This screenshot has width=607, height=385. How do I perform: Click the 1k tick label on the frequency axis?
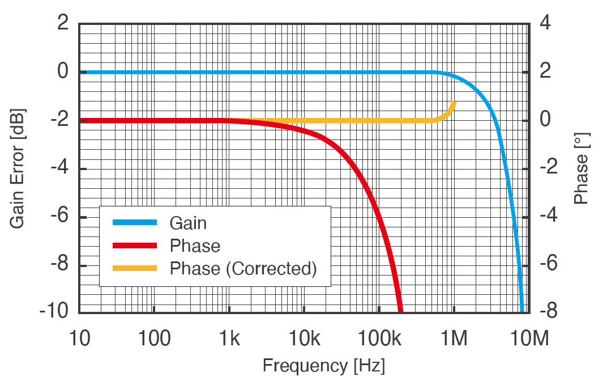tap(229, 339)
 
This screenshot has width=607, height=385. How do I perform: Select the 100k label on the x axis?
tap(379, 339)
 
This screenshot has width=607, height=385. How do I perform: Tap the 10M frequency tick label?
tap(529, 339)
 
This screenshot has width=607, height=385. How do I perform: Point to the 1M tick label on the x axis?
tap(454, 339)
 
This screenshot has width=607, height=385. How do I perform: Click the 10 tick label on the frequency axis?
tap(79, 339)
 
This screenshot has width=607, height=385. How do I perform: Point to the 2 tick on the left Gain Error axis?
tap(62, 24)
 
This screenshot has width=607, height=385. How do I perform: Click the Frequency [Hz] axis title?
tap(323, 366)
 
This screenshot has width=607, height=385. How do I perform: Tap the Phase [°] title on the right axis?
tap(582, 168)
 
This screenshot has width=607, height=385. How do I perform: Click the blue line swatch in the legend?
tap(134, 223)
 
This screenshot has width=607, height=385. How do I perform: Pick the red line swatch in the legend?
tap(134, 246)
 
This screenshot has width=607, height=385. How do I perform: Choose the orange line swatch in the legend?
tap(134, 268)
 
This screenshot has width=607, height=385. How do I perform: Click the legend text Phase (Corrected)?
tap(243, 268)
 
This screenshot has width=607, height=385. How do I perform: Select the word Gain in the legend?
tap(188, 223)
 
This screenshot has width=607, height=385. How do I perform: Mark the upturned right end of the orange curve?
tap(454, 103)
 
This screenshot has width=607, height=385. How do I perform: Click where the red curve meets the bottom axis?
tap(400, 310)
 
